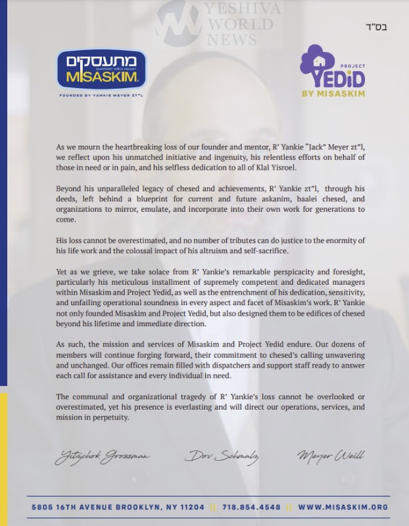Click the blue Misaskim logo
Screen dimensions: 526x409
point(101,70)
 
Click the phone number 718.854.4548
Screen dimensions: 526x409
point(251,508)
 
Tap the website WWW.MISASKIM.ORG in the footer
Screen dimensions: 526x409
point(343,508)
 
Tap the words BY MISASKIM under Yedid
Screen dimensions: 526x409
point(332,93)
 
